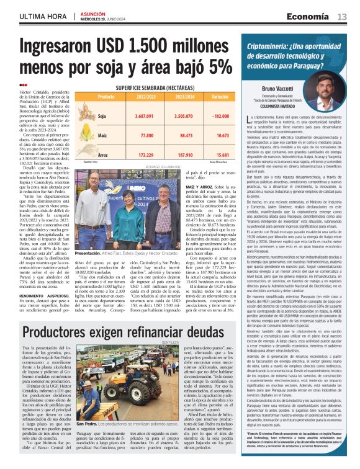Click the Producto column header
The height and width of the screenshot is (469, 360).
tap(107, 97)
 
